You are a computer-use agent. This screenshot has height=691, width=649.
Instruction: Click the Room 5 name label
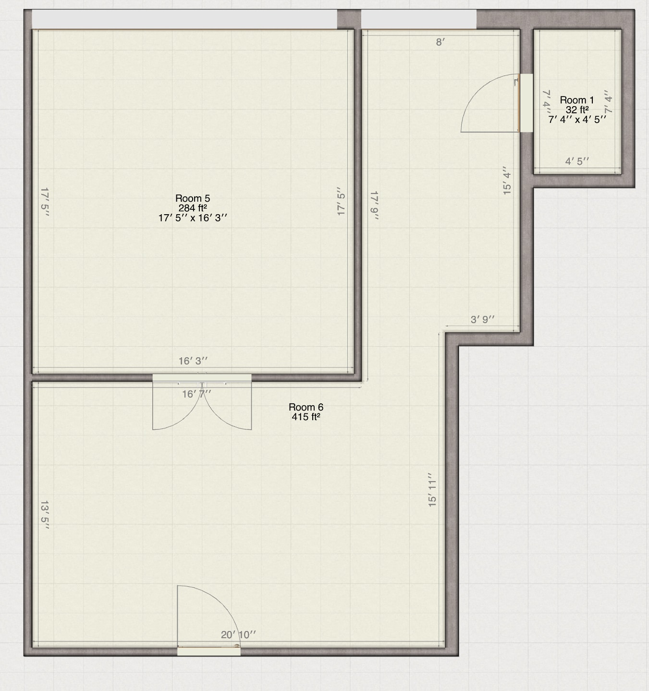tap(193, 198)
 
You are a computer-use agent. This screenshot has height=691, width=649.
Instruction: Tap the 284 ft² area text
tap(193, 208)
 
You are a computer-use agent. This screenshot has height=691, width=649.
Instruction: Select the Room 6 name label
tap(306, 407)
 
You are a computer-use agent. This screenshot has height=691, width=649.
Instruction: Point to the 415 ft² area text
tap(306, 417)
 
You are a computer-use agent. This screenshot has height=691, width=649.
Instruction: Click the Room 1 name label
tap(577, 100)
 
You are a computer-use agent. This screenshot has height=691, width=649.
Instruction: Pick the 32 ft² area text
tap(577, 109)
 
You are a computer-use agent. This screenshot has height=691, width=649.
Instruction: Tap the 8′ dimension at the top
tap(441, 42)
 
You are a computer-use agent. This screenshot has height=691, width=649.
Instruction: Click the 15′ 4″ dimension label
tap(507, 181)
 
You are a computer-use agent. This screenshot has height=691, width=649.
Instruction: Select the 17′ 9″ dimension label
tap(375, 206)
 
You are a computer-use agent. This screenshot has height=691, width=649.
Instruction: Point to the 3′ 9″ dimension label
tap(482, 319)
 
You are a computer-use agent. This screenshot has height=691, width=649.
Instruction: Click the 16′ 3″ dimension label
tap(193, 361)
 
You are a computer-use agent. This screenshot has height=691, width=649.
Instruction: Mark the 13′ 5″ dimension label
tap(45, 515)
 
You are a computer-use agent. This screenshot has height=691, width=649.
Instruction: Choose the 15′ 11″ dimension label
tap(432, 490)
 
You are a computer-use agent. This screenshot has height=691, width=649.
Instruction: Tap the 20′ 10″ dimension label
tap(238, 635)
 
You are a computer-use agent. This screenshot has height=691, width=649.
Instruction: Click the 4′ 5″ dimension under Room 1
tap(577, 161)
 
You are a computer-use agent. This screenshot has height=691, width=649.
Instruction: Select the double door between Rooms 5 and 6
tap(202, 403)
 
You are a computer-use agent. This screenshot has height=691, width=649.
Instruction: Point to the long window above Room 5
tap(184, 19)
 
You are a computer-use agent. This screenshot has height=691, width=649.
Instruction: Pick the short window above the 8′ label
tap(418, 19)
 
